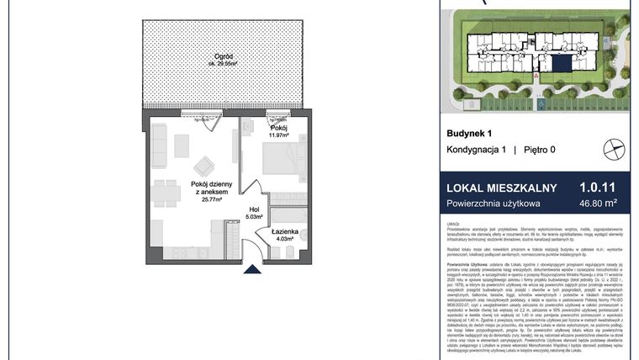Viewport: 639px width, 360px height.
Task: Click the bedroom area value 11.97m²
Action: (x=278, y=134)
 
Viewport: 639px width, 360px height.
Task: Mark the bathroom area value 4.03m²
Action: (x=282, y=239)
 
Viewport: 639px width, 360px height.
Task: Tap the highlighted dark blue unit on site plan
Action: (x=557, y=64)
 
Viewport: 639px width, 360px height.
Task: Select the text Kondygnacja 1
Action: (x=476, y=150)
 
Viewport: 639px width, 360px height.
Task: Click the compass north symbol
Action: (x=614, y=150)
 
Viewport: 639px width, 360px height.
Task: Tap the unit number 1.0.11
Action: (x=598, y=187)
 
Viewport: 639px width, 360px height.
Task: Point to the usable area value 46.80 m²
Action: (x=598, y=203)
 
